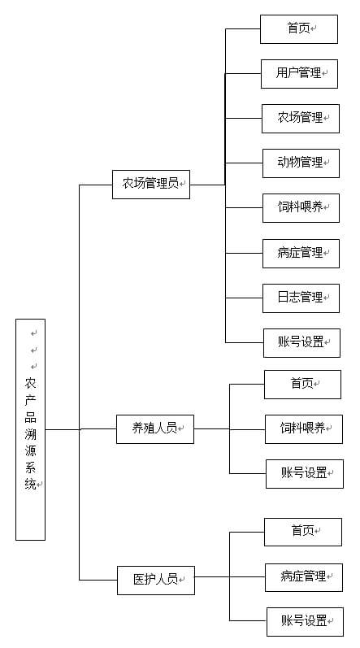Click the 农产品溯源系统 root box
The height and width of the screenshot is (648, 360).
31,429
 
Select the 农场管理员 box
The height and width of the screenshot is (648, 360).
151,185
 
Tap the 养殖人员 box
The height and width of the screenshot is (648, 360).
155,429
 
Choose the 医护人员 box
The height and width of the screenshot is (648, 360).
156,581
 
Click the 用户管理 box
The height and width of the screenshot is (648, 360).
299,74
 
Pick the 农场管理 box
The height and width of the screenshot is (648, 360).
301,119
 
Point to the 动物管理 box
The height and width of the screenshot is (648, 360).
301,163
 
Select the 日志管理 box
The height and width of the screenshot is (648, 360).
301,298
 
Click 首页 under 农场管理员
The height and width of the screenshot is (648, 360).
299,29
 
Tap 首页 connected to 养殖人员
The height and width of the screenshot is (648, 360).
302,385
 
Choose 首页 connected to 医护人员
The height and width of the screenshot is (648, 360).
303,532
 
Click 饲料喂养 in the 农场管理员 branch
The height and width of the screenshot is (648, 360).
301,208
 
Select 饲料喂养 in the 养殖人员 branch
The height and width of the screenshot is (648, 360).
304,429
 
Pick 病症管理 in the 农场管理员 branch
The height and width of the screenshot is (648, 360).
301,254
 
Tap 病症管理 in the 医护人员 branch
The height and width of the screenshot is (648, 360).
304,577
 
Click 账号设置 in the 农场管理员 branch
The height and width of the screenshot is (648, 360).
301,342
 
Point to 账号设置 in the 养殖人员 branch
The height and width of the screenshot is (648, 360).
305,474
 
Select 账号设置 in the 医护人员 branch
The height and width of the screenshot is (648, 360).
305,621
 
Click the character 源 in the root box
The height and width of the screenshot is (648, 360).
31,451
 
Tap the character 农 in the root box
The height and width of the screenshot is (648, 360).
31,384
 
